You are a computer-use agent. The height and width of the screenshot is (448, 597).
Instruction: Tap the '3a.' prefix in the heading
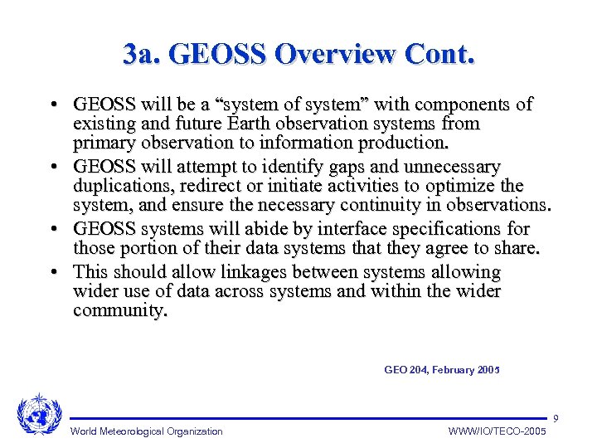(142, 54)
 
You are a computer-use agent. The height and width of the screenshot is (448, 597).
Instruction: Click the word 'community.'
(120, 311)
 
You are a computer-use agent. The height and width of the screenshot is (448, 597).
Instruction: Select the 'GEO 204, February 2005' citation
(442, 370)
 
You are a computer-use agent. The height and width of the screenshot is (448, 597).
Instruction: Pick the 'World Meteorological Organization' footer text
(146, 431)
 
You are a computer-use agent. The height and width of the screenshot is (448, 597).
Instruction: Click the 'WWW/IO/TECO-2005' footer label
(498, 431)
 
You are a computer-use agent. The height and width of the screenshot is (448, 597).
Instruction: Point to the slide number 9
(556, 417)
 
